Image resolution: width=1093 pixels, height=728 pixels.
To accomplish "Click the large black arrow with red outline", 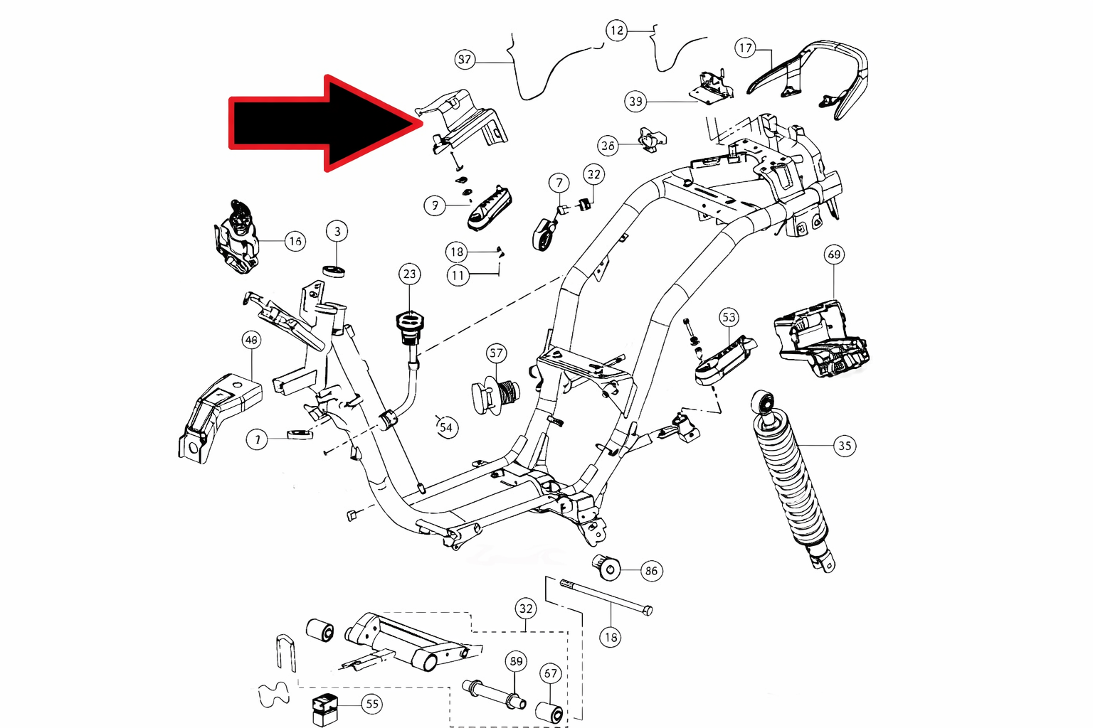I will coord(320,123).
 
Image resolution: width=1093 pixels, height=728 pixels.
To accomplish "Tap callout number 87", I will coord(465,59).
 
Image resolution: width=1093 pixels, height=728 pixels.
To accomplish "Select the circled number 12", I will coord(616,31).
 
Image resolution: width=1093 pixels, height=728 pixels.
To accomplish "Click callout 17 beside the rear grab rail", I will coord(745,48).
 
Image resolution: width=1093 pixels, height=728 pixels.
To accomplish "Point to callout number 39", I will coord(635,102).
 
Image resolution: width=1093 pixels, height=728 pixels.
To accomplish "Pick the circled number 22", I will coord(593,174).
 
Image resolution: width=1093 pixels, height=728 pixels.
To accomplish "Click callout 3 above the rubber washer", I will coord(337,231).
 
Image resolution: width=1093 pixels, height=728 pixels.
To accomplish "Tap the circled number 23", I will coord(409,274).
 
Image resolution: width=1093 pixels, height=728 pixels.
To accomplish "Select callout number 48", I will coord(251,340).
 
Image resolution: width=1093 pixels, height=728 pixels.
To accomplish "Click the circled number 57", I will coord(496,353).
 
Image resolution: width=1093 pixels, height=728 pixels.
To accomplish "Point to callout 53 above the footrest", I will coord(729,317).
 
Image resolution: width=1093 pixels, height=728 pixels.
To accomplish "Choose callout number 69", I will coord(834,255).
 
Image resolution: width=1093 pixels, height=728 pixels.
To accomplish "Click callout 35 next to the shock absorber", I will coord(845,446).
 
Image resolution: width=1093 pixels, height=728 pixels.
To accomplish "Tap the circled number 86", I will coord(651,570).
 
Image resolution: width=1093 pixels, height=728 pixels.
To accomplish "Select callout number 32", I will coord(526,609).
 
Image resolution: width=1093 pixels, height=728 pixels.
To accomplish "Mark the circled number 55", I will coord(372,704).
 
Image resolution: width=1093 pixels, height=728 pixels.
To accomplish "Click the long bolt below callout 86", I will coord(605,597).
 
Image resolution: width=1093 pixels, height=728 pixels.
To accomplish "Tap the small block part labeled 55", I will coord(324,708).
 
